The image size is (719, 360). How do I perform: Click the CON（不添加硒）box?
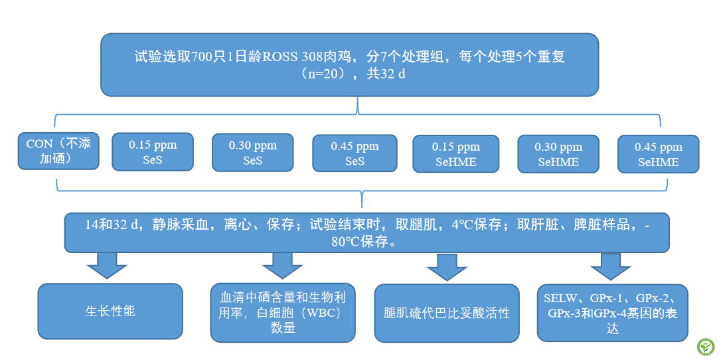tap(58, 151)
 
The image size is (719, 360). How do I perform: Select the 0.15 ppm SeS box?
tap(152, 152)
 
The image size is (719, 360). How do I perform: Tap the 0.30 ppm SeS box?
tap(253, 153)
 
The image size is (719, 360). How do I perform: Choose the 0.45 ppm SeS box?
tap(355, 153)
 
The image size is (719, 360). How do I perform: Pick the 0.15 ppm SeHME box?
tap(456, 154)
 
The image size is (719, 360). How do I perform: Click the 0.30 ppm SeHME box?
tap(558, 154)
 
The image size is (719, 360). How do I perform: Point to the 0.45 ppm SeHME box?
tap(659, 154)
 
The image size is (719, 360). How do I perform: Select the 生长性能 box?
tap(110, 312)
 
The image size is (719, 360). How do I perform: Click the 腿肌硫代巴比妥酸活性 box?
tap(447, 314)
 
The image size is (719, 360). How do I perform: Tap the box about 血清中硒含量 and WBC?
tap(282, 313)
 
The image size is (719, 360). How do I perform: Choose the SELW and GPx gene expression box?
tap(613, 314)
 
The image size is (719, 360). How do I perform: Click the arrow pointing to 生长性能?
tap(107, 265)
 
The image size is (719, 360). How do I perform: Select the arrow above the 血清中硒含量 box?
tap(282, 265)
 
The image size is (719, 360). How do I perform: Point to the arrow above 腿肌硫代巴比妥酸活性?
tap(447, 266)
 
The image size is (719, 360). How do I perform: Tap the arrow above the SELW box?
tap(610, 266)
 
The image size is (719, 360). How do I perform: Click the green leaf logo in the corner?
tap(706, 347)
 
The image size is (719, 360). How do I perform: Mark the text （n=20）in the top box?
tap(323, 73)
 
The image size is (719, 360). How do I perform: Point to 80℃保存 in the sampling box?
tap(359, 242)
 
